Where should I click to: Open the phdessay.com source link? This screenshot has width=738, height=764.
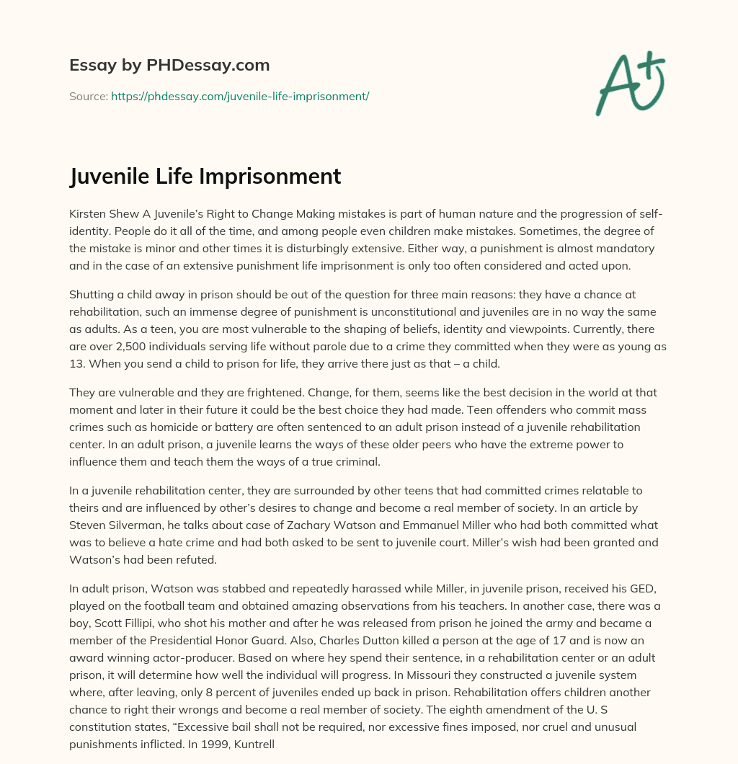[240, 96]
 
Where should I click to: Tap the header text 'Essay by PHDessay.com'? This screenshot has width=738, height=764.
[169, 66]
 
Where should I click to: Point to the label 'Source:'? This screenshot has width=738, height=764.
[88, 96]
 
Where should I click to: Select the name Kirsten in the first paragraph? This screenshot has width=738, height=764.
[87, 215]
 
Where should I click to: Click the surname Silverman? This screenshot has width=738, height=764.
[141, 525]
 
